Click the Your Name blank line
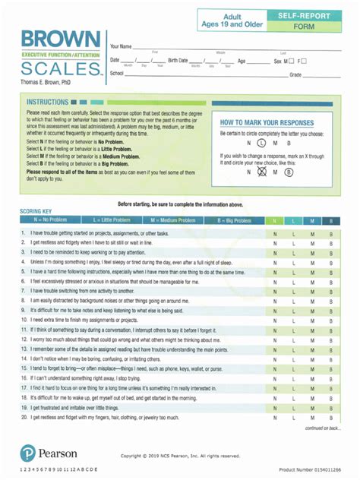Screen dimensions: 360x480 [228, 47]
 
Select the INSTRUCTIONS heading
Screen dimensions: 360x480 [49, 102]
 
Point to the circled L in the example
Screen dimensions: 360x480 [261, 142]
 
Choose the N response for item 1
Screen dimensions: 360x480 [275, 233]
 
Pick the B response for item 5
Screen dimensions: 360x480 [330, 272]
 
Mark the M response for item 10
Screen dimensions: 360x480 [312, 320]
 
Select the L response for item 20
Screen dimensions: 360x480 [294, 417]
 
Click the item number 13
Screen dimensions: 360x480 [24, 349]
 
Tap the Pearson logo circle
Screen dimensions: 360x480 [27, 453]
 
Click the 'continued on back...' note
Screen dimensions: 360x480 [323, 428]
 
